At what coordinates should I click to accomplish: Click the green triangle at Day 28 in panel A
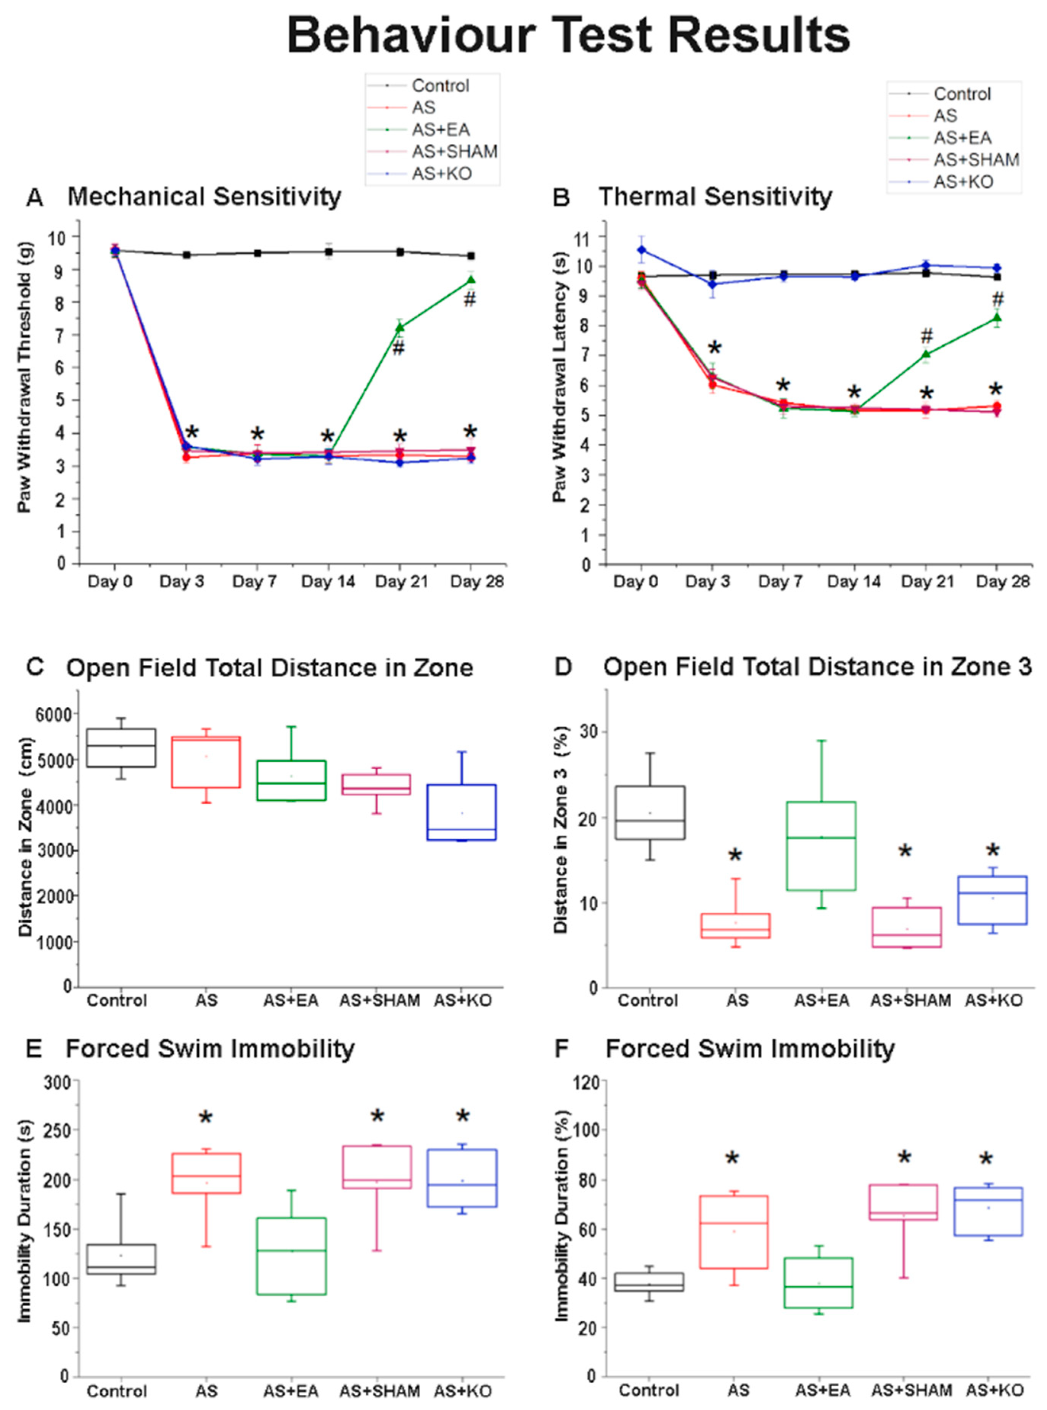point(471,280)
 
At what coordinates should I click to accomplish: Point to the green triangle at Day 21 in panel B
point(926,354)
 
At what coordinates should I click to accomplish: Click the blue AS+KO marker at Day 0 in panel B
point(642,250)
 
